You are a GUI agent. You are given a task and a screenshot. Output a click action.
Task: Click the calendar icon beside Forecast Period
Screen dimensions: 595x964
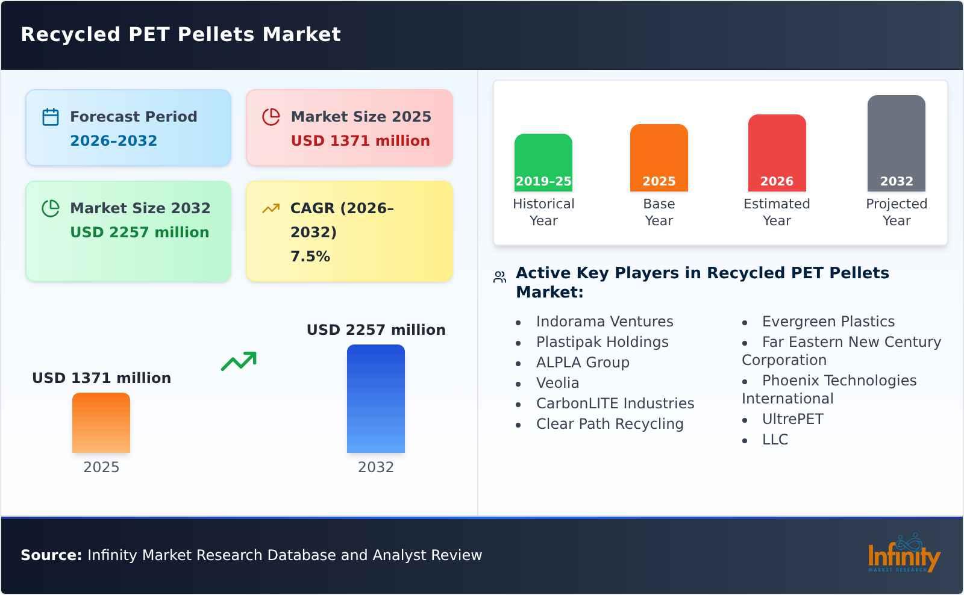tap(51, 117)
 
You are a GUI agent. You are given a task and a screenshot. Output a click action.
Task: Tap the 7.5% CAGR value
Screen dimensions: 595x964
tap(310, 257)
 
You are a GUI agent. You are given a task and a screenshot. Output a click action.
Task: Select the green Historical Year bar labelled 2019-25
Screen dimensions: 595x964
tap(543, 162)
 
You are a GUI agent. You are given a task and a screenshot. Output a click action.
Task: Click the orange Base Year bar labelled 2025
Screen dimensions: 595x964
tap(659, 157)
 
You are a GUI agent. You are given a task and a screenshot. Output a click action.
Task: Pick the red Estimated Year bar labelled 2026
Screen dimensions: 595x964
tap(777, 152)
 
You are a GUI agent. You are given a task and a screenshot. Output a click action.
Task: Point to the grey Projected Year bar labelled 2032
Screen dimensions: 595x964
tap(896, 143)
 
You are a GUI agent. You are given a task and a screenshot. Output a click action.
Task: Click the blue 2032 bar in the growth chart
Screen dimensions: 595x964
tap(375, 398)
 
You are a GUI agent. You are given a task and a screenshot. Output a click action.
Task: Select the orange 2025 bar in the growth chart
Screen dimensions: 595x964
tap(101, 422)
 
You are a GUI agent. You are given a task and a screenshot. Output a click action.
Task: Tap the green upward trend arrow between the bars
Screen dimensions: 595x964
tap(239, 361)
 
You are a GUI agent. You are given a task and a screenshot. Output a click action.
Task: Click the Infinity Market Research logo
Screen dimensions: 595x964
tap(903, 554)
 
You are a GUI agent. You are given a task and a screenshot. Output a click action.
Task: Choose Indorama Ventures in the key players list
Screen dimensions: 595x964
tap(604, 322)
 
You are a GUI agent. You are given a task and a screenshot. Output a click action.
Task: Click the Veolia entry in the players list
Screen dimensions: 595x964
tap(557, 383)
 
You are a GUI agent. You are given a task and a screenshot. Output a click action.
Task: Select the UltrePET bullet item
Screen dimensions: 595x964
tap(792, 419)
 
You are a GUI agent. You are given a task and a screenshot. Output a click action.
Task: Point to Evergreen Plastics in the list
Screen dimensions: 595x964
tap(828, 322)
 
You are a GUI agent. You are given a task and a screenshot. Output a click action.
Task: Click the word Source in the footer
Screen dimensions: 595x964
tap(51, 555)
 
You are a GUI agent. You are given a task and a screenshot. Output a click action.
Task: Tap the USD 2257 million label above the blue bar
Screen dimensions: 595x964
tap(376, 330)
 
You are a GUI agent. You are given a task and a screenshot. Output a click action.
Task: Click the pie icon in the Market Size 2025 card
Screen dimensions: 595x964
tap(271, 117)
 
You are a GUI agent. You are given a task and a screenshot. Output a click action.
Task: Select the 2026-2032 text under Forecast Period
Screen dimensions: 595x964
tap(113, 141)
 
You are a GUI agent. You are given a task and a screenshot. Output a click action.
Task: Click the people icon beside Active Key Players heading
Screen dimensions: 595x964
tap(499, 277)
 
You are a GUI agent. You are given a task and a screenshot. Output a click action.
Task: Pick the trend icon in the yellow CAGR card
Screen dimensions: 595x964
tap(271, 208)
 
